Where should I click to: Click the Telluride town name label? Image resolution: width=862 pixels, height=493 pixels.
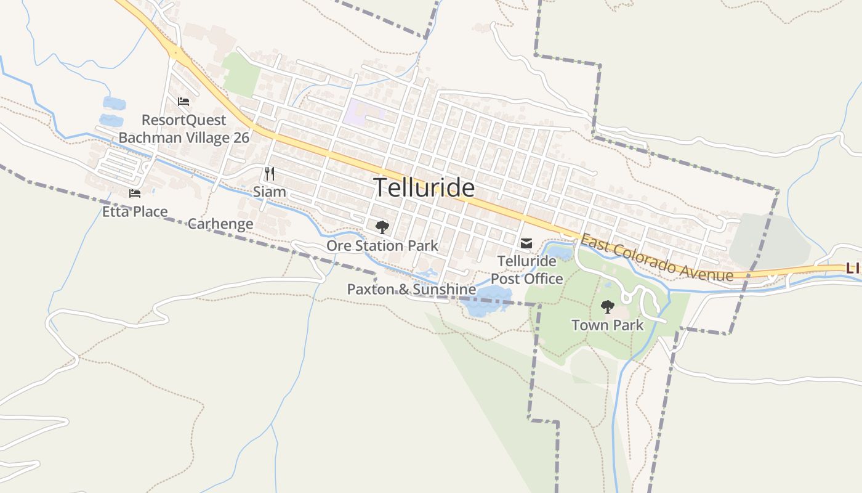(x=424, y=187)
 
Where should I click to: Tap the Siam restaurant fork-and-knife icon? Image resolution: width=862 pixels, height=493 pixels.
(x=269, y=174)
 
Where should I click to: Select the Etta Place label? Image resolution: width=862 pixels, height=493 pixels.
(x=135, y=212)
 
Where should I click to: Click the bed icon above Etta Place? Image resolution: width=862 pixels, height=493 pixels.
(x=135, y=194)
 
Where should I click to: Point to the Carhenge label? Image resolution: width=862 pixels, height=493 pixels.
(x=220, y=224)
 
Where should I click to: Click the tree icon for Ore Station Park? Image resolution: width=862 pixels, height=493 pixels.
(x=382, y=227)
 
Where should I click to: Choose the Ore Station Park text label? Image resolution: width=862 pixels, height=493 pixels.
(x=382, y=246)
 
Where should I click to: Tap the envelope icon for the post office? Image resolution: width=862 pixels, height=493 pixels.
(x=526, y=244)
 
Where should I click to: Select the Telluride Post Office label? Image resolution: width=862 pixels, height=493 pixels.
(x=526, y=270)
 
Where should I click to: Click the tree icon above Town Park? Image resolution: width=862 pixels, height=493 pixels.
(x=608, y=306)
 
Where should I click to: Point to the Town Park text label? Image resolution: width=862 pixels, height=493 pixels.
(x=608, y=325)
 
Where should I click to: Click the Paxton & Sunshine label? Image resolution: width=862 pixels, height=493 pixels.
(x=411, y=289)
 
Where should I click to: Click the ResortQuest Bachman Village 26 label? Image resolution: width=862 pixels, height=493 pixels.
(x=184, y=129)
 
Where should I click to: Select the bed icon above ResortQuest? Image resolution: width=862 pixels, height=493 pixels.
(x=183, y=102)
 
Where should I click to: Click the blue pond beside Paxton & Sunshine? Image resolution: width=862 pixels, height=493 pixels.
(x=486, y=300)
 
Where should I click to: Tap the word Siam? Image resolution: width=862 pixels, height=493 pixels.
(x=270, y=192)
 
